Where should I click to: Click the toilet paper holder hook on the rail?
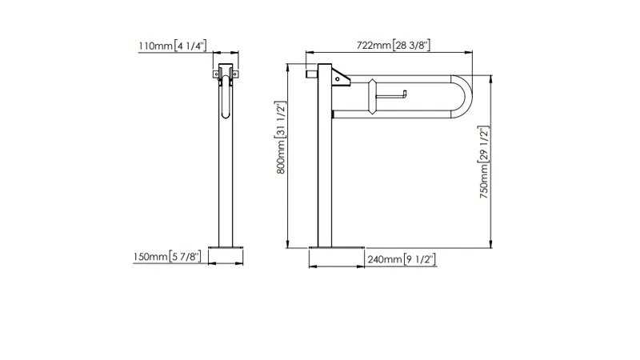coord(391,95)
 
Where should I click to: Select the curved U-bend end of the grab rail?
coord(462,97)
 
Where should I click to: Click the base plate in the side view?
coord(337,247)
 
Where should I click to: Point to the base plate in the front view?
coord(226,247)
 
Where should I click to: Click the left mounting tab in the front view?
coord(216,74)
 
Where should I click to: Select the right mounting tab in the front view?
coord(235,74)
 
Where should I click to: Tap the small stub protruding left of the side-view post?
coord(312,74)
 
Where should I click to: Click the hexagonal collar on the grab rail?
coord(371,97)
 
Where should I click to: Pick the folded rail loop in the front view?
coord(226,97)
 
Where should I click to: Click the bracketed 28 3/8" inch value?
coord(411,45)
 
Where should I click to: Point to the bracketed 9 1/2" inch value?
coord(419,259)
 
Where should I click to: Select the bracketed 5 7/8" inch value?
coord(185,257)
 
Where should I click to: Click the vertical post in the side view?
coord(325,155)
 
